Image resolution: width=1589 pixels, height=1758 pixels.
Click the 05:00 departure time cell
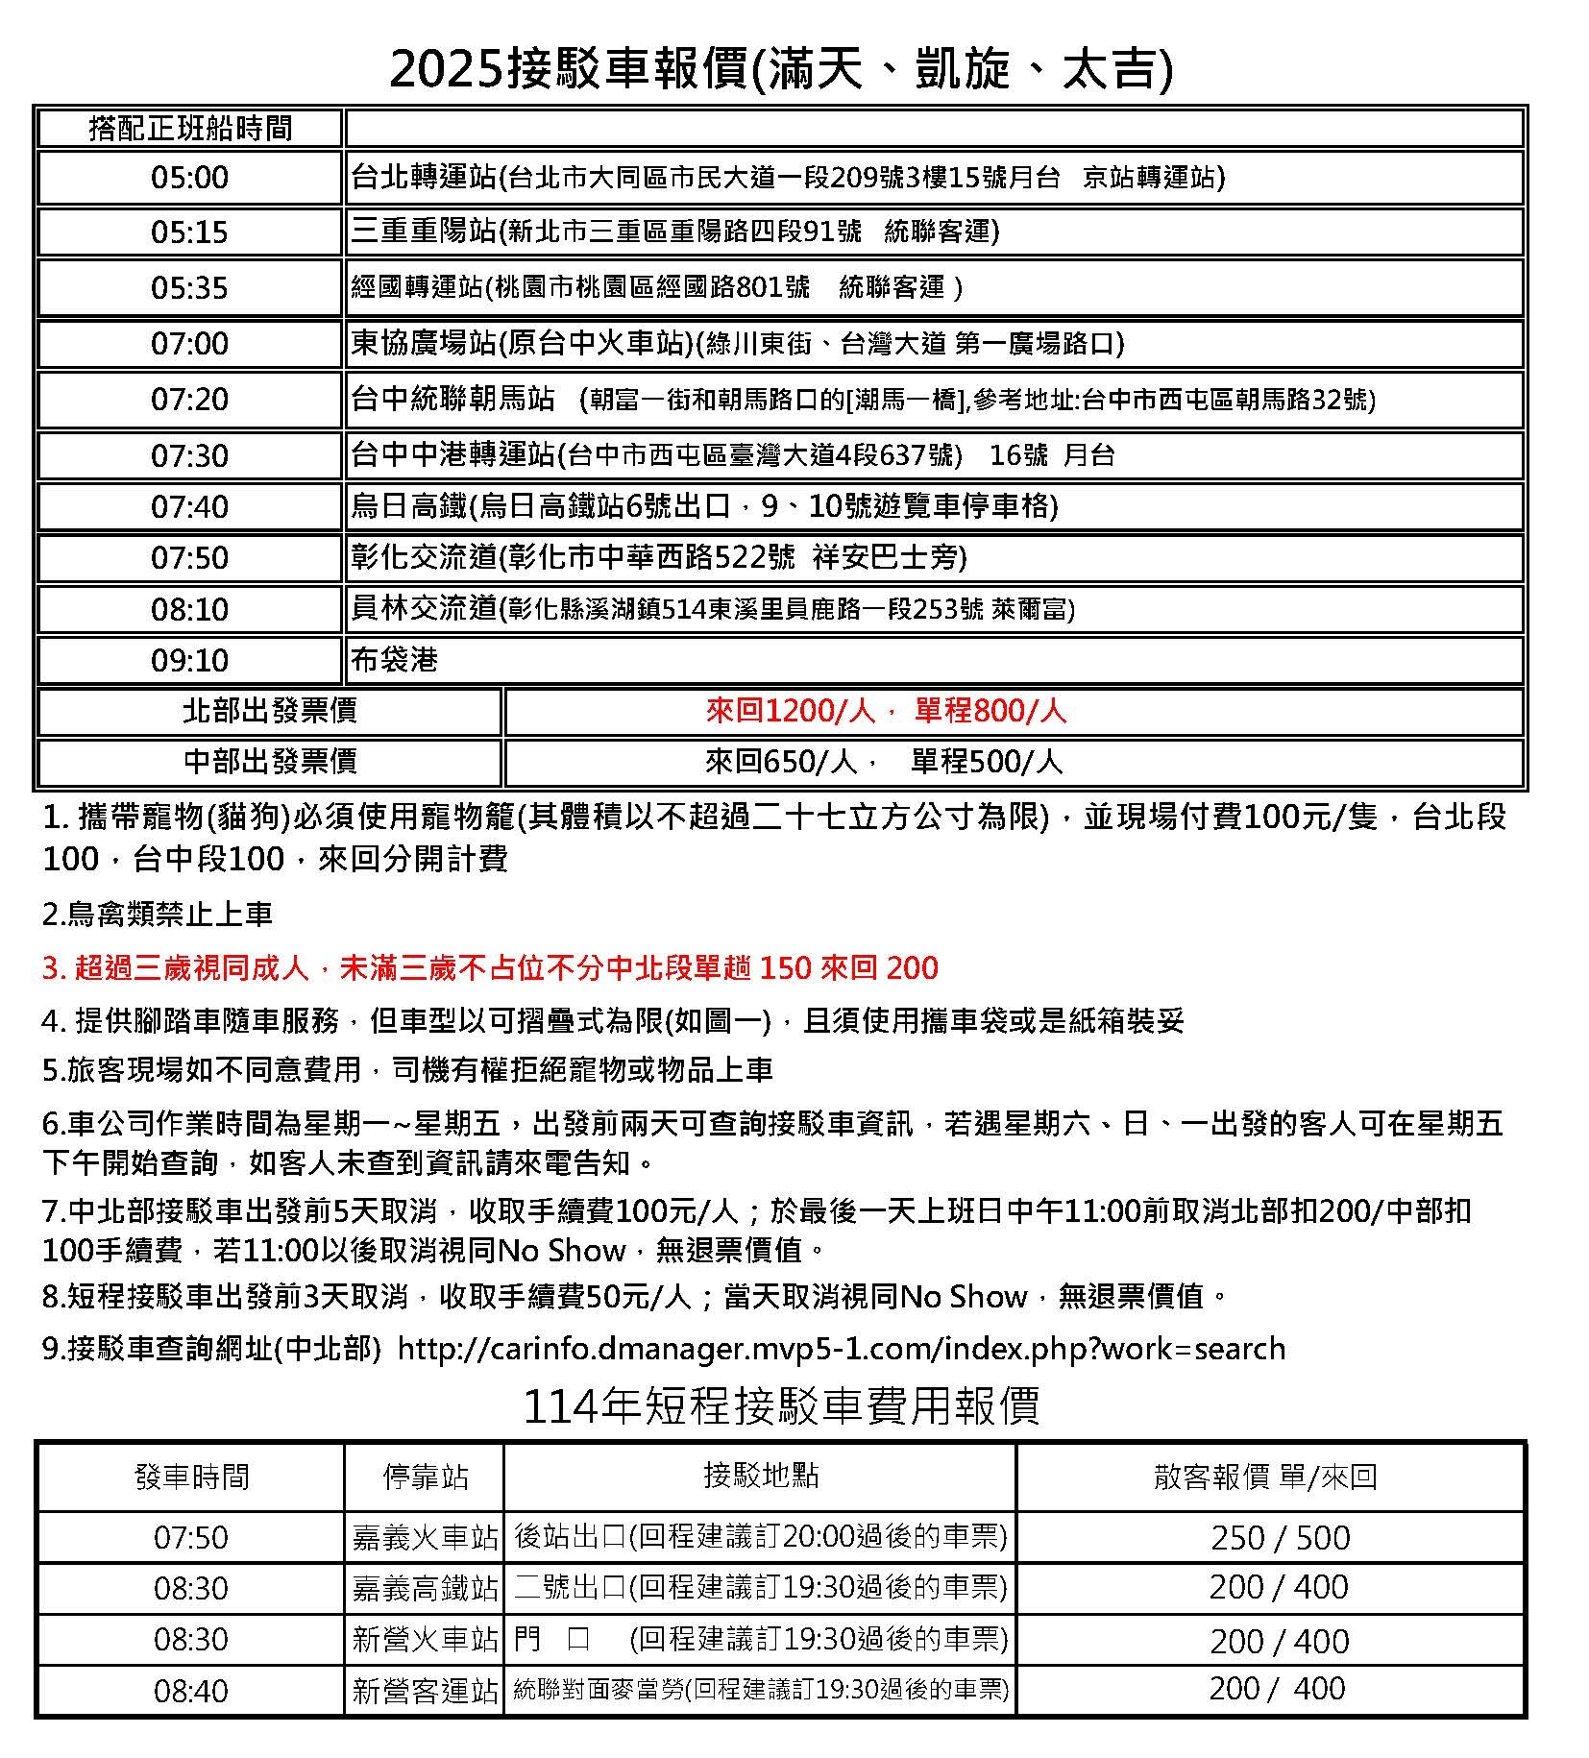(189, 178)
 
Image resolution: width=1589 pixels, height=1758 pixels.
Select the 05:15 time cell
(189, 232)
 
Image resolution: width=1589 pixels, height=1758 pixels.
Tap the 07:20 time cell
(189, 399)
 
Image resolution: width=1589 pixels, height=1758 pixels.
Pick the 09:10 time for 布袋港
(189, 660)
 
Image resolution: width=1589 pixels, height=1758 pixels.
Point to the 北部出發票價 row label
(269, 711)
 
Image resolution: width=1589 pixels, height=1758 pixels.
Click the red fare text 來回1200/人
(790, 711)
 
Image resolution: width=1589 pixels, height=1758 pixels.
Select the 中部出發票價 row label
(269, 762)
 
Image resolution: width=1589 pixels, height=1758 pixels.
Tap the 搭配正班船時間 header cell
(189, 128)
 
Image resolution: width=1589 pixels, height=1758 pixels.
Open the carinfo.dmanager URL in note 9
(841, 1349)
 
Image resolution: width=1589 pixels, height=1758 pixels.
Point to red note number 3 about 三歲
(490, 967)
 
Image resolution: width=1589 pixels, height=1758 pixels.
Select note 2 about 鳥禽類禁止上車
(158, 914)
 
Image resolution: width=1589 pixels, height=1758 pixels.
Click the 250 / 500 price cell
(1280, 1538)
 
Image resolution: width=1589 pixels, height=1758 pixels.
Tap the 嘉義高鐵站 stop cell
(425, 1588)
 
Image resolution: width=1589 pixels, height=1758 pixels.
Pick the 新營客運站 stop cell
(425, 1691)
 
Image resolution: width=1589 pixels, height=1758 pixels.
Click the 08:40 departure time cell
(190, 1691)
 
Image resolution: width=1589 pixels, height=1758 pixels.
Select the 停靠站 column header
(425, 1477)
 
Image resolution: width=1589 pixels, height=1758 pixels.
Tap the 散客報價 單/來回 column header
(1265, 1477)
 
